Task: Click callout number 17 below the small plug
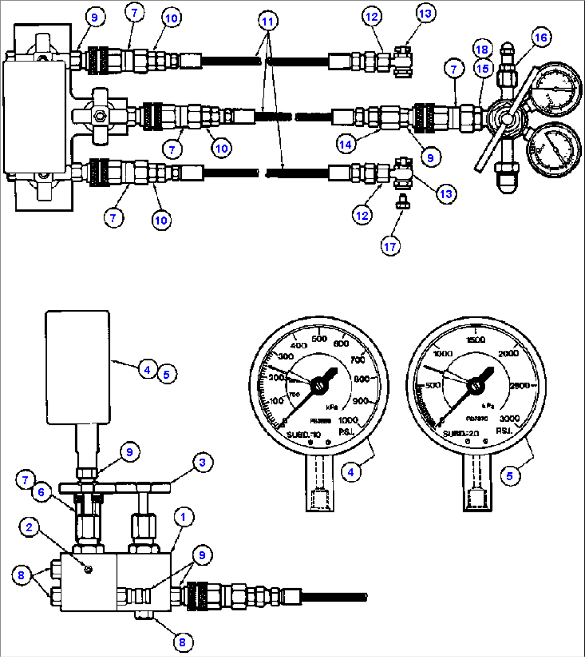(x=390, y=246)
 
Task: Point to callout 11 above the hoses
(x=267, y=22)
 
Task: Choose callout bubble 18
(x=482, y=50)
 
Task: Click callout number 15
(x=482, y=69)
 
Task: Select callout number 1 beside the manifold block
(x=183, y=518)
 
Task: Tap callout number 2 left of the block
(x=30, y=529)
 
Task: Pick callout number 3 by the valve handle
(x=202, y=462)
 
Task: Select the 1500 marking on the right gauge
(x=476, y=340)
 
